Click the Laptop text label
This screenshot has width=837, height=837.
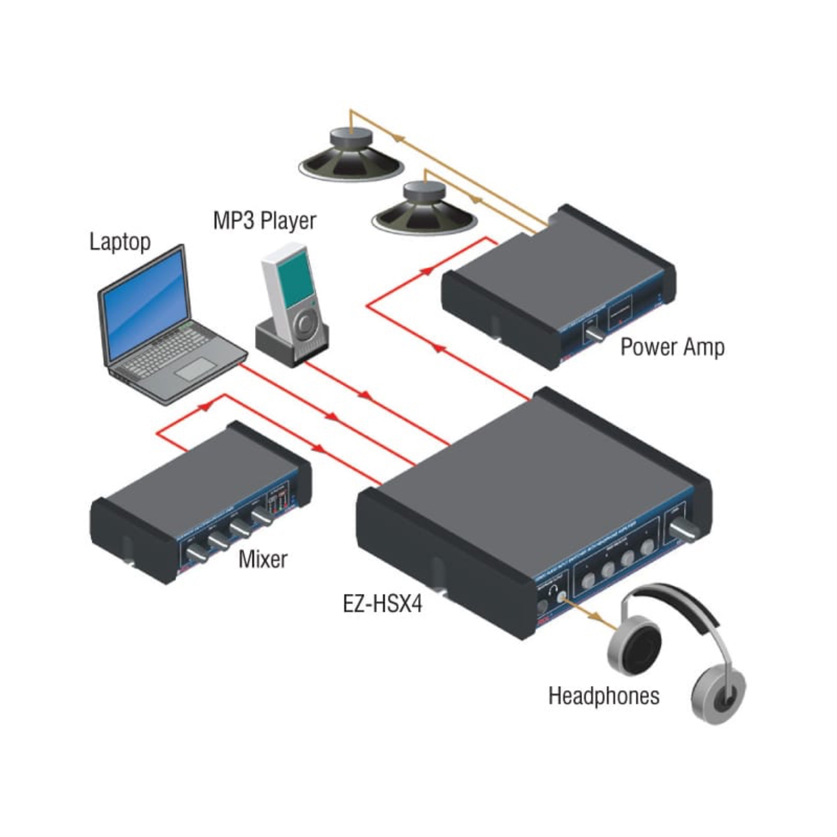[120, 242]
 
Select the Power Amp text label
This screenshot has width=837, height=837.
[672, 347]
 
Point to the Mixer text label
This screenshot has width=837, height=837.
[262, 559]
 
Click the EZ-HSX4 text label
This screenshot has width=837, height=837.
[383, 603]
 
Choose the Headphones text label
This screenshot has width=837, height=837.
[604, 696]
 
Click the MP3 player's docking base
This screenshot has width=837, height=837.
[291, 347]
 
